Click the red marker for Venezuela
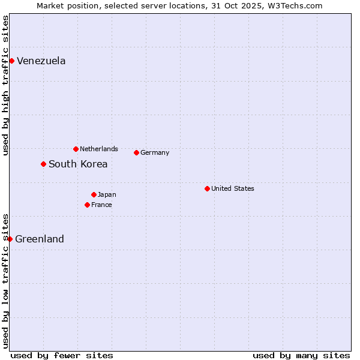(11, 61)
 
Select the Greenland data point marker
(10, 239)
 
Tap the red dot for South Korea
(43, 164)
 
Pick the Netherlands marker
(76, 149)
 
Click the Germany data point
(136, 152)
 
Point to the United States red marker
(207, 188)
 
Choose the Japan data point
(94, 194)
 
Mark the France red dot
(87, 205)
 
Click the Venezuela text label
(41, 61)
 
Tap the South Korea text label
(78, 164)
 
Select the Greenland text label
(40, 239)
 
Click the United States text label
(233, 188)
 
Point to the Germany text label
(155, 152)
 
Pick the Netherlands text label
(99, 149)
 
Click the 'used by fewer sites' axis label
(62, 355)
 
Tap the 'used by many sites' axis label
(301, 355)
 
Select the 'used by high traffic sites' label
(5, 85)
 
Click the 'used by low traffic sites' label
(5, 281)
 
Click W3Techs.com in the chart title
(295, 5)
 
